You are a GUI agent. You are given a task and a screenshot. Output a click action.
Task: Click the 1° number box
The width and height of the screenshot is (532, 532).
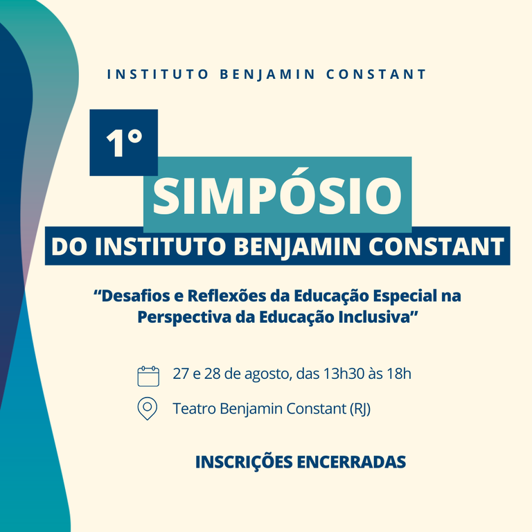(x=124, y=142)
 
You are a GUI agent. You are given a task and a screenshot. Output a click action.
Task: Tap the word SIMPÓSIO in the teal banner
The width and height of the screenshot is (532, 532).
(x=277, y=195)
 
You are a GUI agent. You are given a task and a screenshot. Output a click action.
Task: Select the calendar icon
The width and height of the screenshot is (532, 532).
(x=148, y=375)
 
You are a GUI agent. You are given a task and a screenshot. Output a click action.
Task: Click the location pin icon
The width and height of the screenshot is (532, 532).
(x=148, y=409)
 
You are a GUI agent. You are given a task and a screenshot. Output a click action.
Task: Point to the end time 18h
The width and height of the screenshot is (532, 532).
(x=399, y=375)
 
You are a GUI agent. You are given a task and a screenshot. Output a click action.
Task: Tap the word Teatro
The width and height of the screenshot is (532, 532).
(x=194, y=409)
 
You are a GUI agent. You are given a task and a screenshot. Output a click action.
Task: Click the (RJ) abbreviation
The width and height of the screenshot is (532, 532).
(x=358, y=409)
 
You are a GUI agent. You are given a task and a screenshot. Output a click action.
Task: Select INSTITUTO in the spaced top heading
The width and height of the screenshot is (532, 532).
(x=157, y=74)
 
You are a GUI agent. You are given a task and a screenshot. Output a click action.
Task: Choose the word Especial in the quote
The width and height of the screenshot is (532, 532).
(x=401, y=296)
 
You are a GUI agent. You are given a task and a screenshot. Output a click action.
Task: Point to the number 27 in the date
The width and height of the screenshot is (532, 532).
(x=181, y=375)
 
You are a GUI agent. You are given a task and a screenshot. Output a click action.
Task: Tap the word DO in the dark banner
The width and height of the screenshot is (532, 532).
(x=67, y=247)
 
